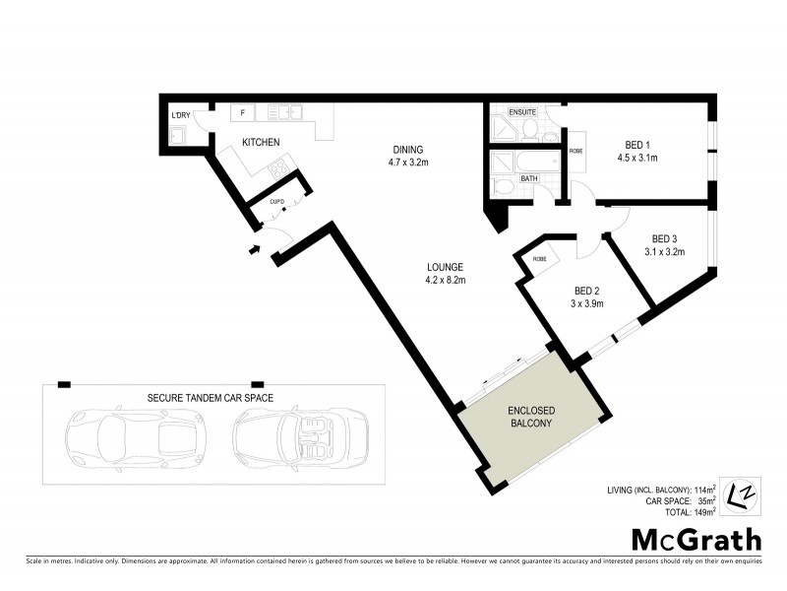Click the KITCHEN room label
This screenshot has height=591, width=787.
(x=261, y=143)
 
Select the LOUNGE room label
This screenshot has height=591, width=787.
(x=445, y=267)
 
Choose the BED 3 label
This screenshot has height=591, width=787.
(x=666, y=238)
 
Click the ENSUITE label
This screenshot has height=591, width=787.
(x=521, y=112)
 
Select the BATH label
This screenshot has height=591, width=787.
(x=528, y=178)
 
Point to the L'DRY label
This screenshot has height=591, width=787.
(x=181, y=116)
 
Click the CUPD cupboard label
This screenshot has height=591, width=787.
(x=277, y=202)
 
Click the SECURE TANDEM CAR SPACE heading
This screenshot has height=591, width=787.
(x=210, y=398)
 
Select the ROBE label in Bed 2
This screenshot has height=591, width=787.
(x=540, y=259)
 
